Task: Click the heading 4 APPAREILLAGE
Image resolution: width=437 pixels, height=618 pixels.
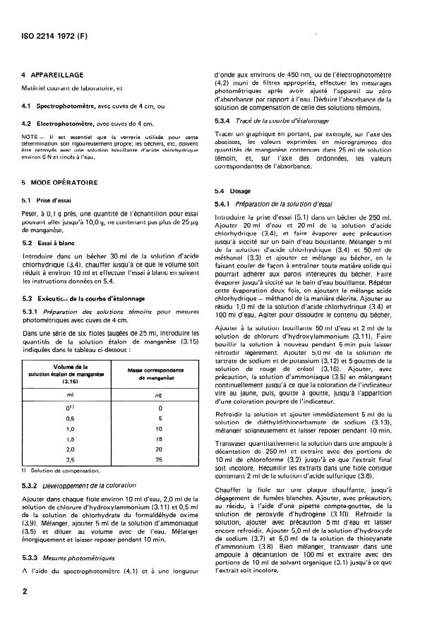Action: click(x=53, y=74)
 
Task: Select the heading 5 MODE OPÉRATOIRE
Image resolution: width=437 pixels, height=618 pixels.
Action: click(x=60, y=181)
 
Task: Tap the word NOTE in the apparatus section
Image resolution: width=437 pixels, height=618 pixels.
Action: click(x=30, y=137)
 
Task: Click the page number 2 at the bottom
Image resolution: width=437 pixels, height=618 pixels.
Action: click(x=25, y=592)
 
